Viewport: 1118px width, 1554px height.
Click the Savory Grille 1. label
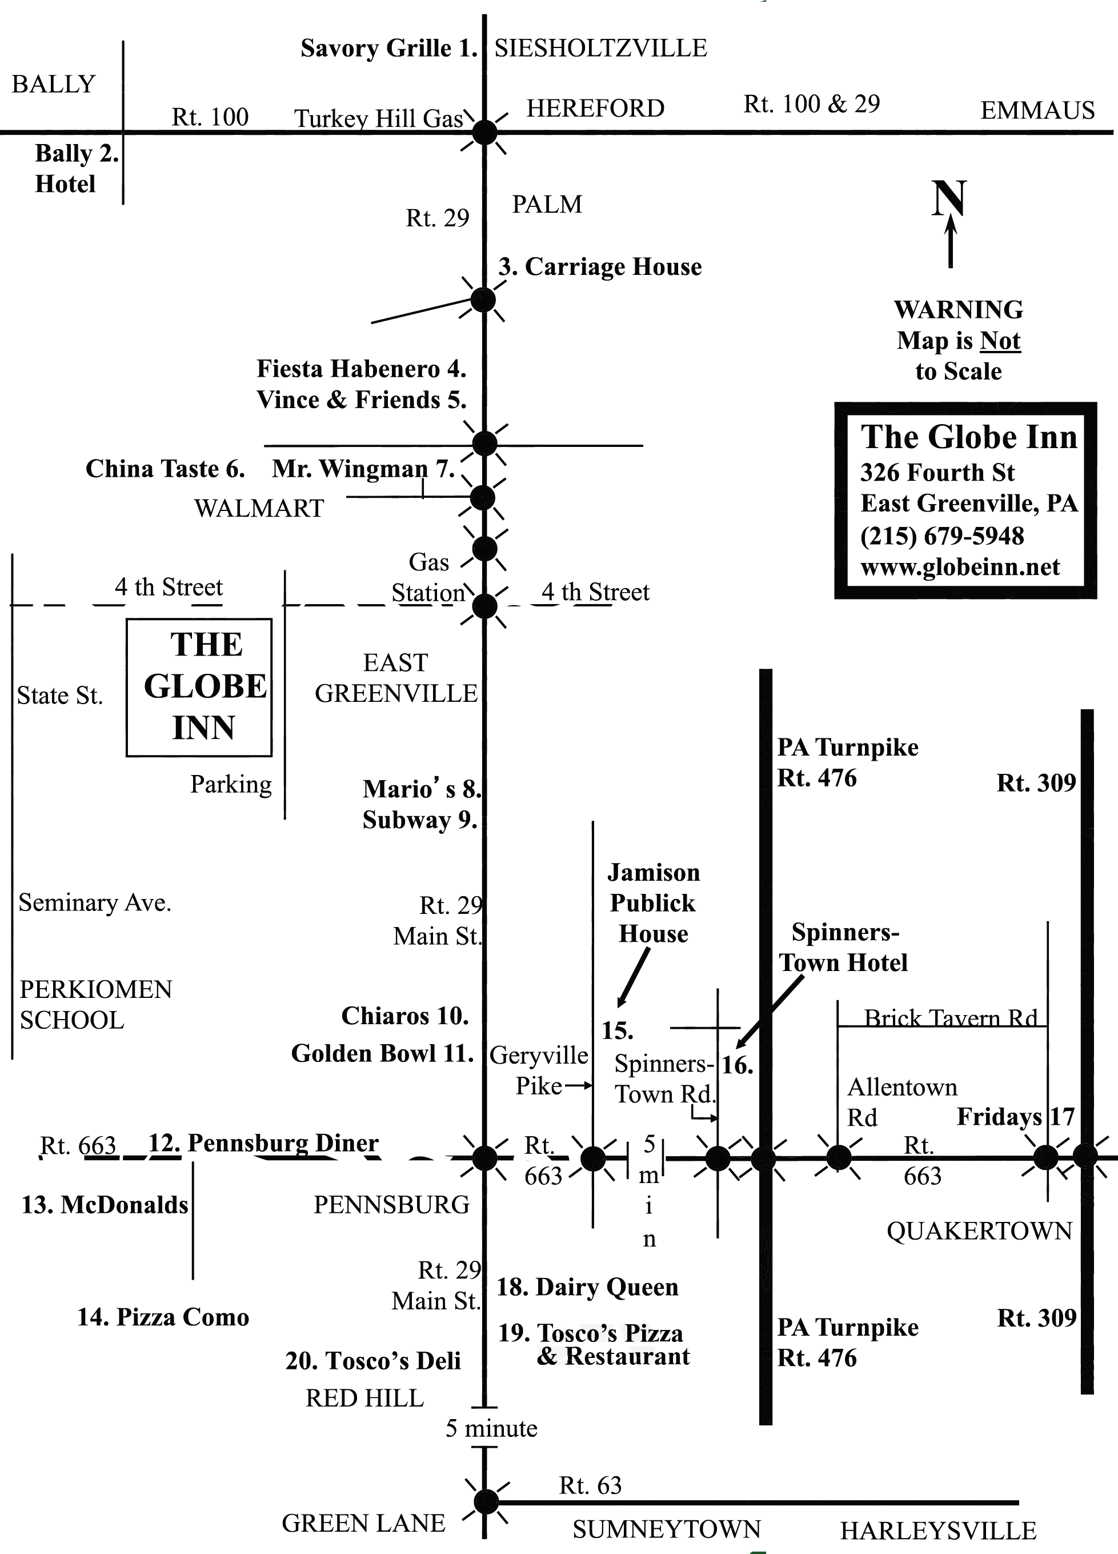388,49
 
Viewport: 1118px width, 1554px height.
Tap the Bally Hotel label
75,169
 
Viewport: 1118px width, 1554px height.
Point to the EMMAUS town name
1037,110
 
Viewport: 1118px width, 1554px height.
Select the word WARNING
959,310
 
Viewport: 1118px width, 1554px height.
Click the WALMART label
259,509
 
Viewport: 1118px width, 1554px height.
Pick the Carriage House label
600,266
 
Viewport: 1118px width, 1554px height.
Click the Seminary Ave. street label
94,903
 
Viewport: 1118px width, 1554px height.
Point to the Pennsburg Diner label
264,1143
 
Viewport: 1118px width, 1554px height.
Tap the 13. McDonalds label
105,1205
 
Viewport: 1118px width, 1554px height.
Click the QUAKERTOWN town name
979,1231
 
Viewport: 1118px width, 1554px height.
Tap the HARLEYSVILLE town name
938,1531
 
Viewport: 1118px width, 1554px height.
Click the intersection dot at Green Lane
486,1502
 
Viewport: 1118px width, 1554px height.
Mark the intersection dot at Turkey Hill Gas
485,132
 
